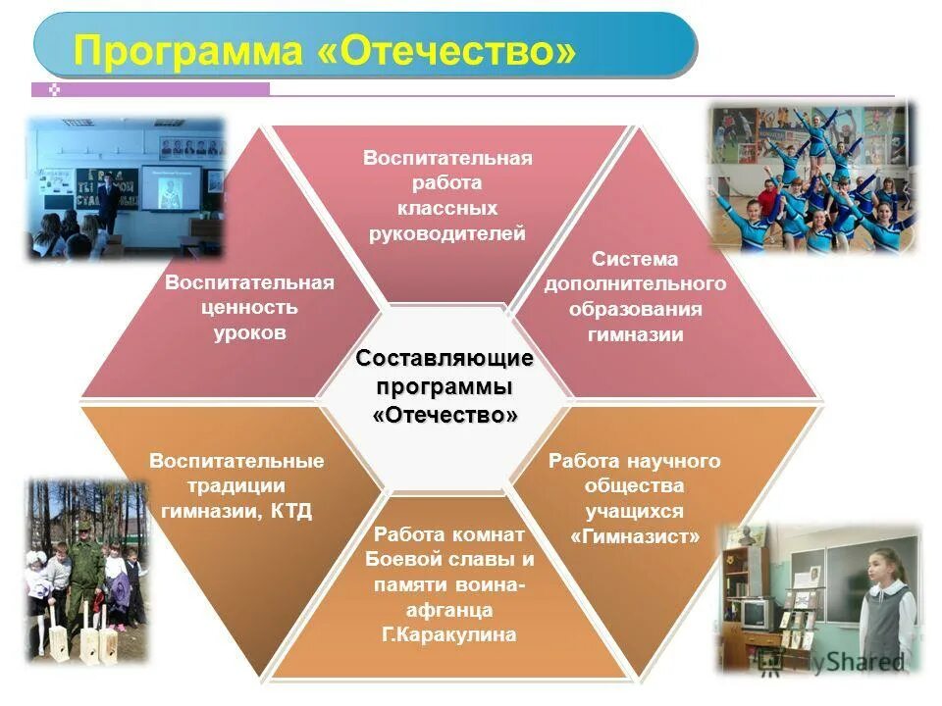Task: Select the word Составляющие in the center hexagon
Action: tap(445, 359)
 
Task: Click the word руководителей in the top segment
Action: tap(446, 233)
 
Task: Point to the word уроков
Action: tap(250, 333)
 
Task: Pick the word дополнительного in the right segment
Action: tap(635, 284)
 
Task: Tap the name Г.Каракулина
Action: tap(446, 635)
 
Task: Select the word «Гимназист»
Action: tap(635, 537)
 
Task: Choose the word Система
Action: tap(635, 259)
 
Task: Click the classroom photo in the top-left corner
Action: tap(125, 186)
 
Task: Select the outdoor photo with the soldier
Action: tap(85, 569)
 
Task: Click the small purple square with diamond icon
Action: tap(55, 89)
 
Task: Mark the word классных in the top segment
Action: tap(446, 208)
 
